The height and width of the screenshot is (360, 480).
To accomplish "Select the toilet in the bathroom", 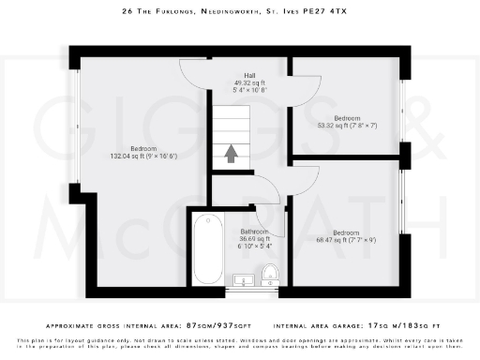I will [270, 273].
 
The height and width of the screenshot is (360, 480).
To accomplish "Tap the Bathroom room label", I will [254, 231].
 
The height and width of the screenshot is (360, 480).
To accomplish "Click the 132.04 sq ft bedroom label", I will [143, 149].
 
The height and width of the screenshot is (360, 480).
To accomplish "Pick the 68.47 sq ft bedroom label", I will [345, 232].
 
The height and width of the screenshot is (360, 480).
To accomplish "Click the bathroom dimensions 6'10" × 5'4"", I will [254, 247].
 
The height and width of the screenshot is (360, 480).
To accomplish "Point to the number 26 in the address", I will [127, 12].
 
